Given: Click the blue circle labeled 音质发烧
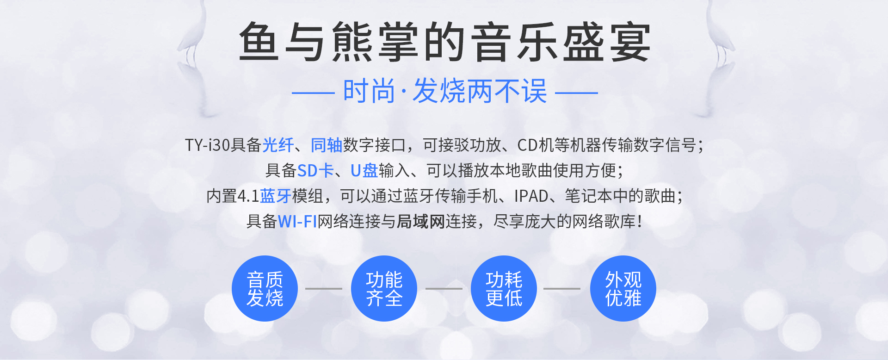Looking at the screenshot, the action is tap(265, 288).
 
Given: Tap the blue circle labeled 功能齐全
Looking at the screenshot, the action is tap(384, 288).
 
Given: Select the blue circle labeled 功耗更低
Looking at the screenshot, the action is tap(504, 288).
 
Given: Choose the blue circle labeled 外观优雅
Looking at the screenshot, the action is tap(623, 288).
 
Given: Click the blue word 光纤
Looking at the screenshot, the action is tap(278, 145).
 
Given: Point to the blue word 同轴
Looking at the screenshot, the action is tap(327, 145).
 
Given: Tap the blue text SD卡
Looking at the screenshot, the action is tap(315, 171).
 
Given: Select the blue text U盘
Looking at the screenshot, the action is tap(364, 171).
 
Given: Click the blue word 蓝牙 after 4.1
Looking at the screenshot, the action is tap(276, 196).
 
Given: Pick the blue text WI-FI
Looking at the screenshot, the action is tap(297, 222).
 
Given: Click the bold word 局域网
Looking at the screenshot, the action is tap(421, 222).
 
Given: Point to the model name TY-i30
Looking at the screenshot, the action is tap(208, 145).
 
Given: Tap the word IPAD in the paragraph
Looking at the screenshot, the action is tap(531, 196).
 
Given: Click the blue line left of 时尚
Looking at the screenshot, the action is tap(313, 93).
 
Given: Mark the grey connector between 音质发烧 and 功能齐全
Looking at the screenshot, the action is tap(324, 289).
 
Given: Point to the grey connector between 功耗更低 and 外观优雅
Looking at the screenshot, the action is tap(562, 289).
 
